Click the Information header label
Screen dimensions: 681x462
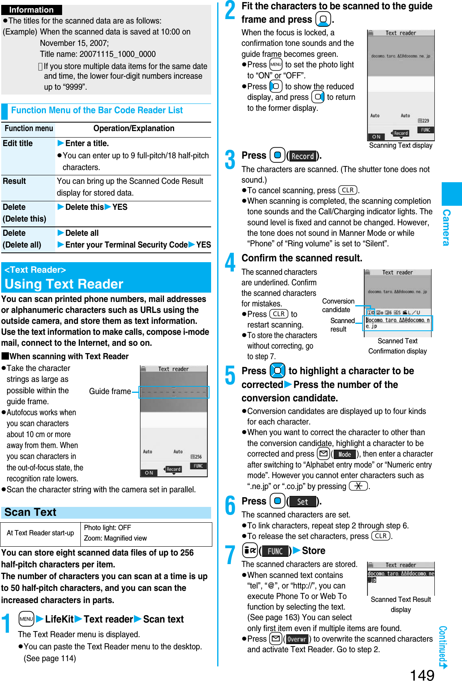[31, 10]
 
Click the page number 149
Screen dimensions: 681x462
[422, 674]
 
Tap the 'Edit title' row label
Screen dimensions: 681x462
[18, 143]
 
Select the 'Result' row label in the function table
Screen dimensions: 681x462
[15, 181]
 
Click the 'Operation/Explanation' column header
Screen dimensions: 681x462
[134, 128]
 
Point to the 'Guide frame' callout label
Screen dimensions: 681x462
[110, 391]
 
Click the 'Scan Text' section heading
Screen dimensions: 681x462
[30, 512]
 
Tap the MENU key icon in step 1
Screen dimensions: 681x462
[26, 619]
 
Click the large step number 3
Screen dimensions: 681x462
[230, 159]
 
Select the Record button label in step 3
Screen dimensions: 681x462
[303, 156]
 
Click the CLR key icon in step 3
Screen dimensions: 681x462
[348, 190]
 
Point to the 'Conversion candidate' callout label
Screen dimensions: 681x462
[338, 305]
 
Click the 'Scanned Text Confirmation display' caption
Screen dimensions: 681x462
[397, 346]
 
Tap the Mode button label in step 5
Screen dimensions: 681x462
[345, 455]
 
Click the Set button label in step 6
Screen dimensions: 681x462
[302, 502]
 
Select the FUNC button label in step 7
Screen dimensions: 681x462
[275, 551]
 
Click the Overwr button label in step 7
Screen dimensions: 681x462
[297, 639]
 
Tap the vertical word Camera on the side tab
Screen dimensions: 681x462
[446, 227]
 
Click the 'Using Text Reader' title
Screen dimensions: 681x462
[64, 284]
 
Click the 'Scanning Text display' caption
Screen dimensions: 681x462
[401, 145]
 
